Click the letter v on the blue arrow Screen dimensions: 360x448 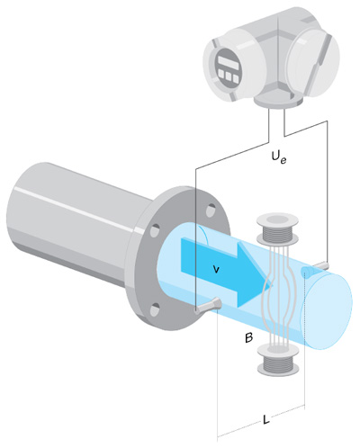pos(215,270)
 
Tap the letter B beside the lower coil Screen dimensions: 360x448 pos(248,338)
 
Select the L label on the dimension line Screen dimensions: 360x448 pos(265,419)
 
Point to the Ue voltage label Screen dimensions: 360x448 pos(279,157)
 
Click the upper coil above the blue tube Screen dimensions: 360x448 pos(277,228)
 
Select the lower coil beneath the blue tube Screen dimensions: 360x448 pos(277,360)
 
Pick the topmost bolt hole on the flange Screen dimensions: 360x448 pos(211,209)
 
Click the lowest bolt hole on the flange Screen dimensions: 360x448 pos(155,309)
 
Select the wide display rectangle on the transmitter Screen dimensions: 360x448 pos(228,61)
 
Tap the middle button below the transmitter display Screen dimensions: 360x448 pos(229,76)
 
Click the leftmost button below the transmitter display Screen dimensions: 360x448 pos(222,73)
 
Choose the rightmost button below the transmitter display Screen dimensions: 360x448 pos(236,78)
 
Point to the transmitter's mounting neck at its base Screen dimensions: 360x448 pos(277,101)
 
